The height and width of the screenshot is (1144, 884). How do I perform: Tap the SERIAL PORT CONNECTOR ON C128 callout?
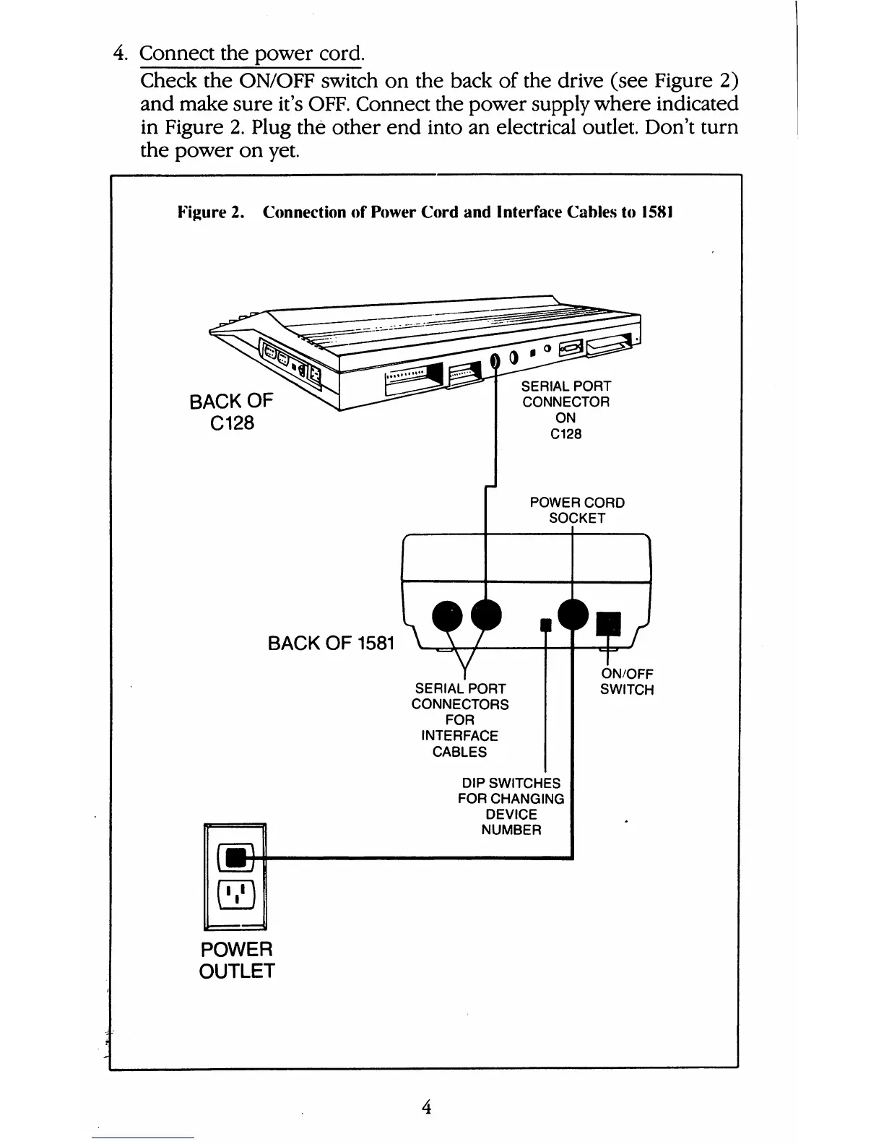tap(565, 409)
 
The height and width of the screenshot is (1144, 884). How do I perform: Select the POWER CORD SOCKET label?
tap(577, 510)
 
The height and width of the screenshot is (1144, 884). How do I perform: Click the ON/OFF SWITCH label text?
tap(627, 682)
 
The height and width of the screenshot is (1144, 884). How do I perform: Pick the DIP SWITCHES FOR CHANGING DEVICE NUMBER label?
tap(511, 806)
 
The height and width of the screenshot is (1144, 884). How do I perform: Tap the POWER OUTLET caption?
tap(237, 959)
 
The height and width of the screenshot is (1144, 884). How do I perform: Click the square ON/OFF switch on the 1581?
tap(608, 623)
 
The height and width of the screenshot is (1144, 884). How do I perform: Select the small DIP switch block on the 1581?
tap(547, 623)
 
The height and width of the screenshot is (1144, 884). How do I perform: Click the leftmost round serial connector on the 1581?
tap(446, 616)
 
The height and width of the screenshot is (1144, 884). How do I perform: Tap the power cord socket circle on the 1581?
tap(573, 615)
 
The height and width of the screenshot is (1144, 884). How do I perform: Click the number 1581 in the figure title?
tap(656, 213)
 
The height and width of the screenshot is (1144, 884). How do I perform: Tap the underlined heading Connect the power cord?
tap(252, 53)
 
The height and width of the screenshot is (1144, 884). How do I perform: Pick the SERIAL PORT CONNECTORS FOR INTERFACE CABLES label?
tap(460, 720)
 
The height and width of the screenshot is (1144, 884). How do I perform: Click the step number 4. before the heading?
tap(121, 53)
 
